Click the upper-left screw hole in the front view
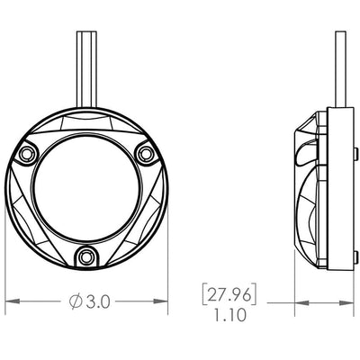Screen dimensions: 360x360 coord(26,154)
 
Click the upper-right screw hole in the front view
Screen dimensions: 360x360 coord(146,154)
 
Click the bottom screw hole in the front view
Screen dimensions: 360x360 coord(86,257)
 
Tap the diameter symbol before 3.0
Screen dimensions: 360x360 coord(76,301)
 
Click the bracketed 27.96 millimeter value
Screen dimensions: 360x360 coord(229,295)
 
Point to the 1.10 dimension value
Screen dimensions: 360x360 coord(230,315)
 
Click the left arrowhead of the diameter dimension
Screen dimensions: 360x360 coord(13,301)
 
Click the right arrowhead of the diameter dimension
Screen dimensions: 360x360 coord(160,301)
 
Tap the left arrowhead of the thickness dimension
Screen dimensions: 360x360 coord(301,303)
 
